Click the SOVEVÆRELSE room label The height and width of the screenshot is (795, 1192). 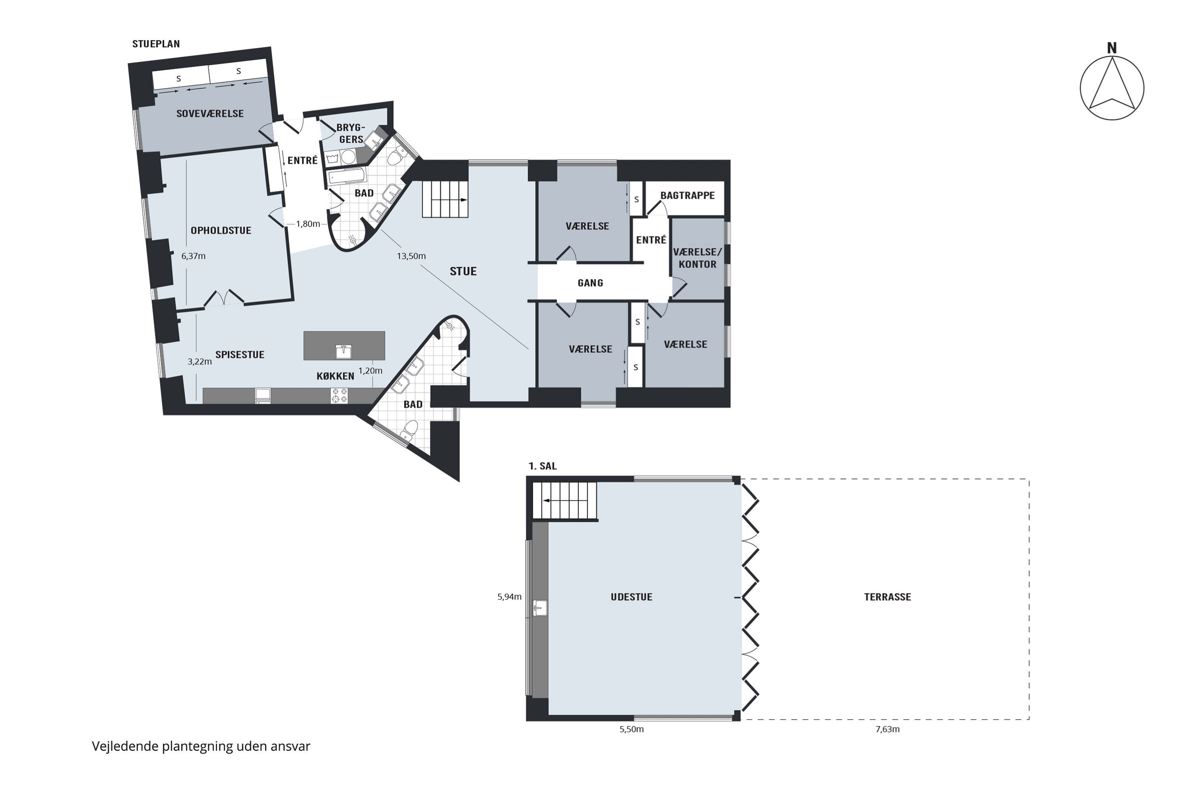pos(210,114)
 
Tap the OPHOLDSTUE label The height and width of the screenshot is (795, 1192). pos(221,231)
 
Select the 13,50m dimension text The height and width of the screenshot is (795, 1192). pos(411,256)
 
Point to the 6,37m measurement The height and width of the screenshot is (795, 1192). pos(194,256)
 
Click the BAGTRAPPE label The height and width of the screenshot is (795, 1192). pos(687,195)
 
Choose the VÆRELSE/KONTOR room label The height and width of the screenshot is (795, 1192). pos(698,258)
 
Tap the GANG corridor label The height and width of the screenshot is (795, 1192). pos(590,283)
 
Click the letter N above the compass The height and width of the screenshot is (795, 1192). pos(1111,48)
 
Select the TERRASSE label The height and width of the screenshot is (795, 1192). pos(887,597)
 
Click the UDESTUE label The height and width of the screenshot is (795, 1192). pos(631,597)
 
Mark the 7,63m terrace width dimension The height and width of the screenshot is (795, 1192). pos(887,729)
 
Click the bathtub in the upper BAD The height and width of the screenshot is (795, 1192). pos(347,176)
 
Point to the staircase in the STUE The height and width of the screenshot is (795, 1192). pos(445,199)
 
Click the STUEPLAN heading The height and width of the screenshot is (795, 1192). pos(156,44)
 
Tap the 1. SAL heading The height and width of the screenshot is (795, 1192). pos(542,466)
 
